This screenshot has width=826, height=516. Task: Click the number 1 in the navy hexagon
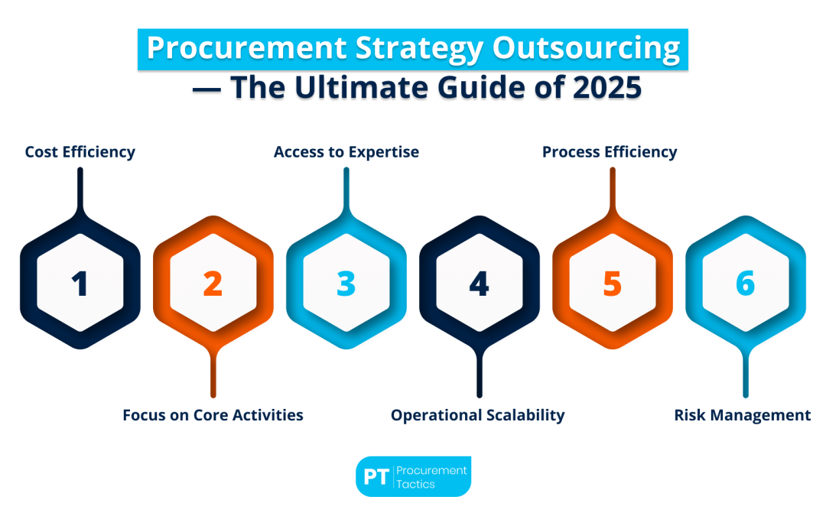[80, 284]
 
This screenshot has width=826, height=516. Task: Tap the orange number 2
[213, 284]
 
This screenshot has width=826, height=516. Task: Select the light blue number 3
[346, 284]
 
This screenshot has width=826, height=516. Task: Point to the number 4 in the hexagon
[480, 284]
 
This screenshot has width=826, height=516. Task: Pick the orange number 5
[612, 284]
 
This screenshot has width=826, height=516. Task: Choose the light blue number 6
[746, 284]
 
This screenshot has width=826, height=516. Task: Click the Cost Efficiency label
[80, 152]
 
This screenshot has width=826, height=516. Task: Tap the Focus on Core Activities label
[213, 415]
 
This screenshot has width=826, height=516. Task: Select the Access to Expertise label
[346, 152]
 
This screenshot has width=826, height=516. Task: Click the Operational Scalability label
[478, 415]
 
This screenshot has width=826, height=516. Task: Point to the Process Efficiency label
[610, 152]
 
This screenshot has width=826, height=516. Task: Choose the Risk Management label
[742, 415]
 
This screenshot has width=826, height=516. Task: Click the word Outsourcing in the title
[587, 49]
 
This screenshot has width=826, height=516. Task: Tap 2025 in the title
[607, 87]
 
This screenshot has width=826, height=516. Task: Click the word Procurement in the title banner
[247, 48]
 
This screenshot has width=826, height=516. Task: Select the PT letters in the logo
[376, 477]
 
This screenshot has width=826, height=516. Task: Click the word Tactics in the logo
[415, 485]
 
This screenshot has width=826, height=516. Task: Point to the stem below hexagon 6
[746, 372]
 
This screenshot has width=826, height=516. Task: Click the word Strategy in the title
[420, 49]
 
